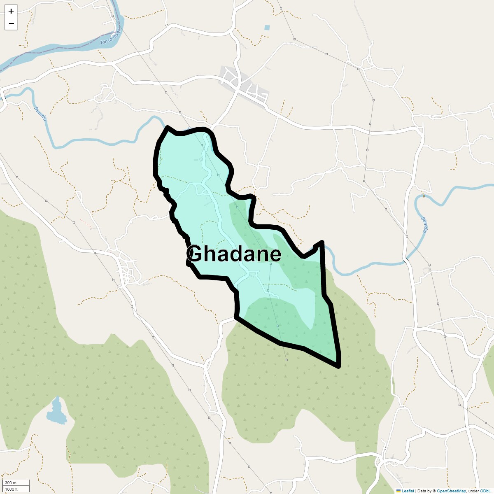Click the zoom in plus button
click(x=11, y=11)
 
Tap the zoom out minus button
click(x=11, y=23)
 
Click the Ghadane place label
click(x=234, y=254)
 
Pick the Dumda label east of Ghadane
click(x=424, y=224)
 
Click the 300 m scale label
click(x=11, y=483)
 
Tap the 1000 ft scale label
click(x=12, y=489)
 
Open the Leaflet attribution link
click(x=408, y=491)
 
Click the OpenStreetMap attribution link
click(x=451, y=491)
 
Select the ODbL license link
click(x=485, y=491)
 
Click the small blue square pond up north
click(x=267, y=28)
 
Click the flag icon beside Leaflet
click(x=398, y=491)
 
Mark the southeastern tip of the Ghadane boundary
click(x=338, y=366)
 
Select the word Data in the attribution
click(x=422, y=491)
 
